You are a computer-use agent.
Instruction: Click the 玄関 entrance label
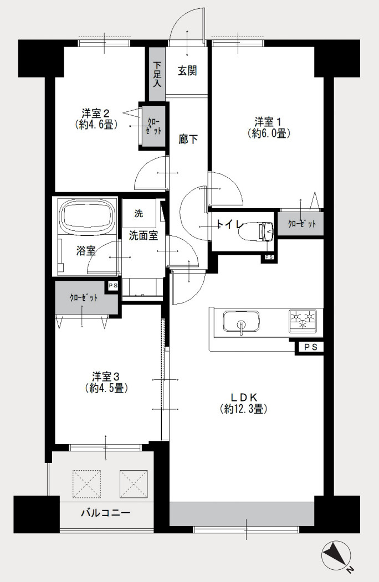[187, 71]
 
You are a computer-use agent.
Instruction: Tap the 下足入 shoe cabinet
[157, 75]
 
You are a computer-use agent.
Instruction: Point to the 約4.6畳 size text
[96, 125]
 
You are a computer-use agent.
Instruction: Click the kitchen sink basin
[241, 321]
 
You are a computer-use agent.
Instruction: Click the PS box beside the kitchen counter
[309, 347]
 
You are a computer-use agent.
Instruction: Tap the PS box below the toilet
[269, 257]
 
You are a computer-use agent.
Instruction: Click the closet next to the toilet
[301, 224]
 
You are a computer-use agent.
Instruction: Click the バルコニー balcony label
[105, 513]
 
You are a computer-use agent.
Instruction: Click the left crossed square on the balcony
[86, 483]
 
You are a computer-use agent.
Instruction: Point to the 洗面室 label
[144, 235]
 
